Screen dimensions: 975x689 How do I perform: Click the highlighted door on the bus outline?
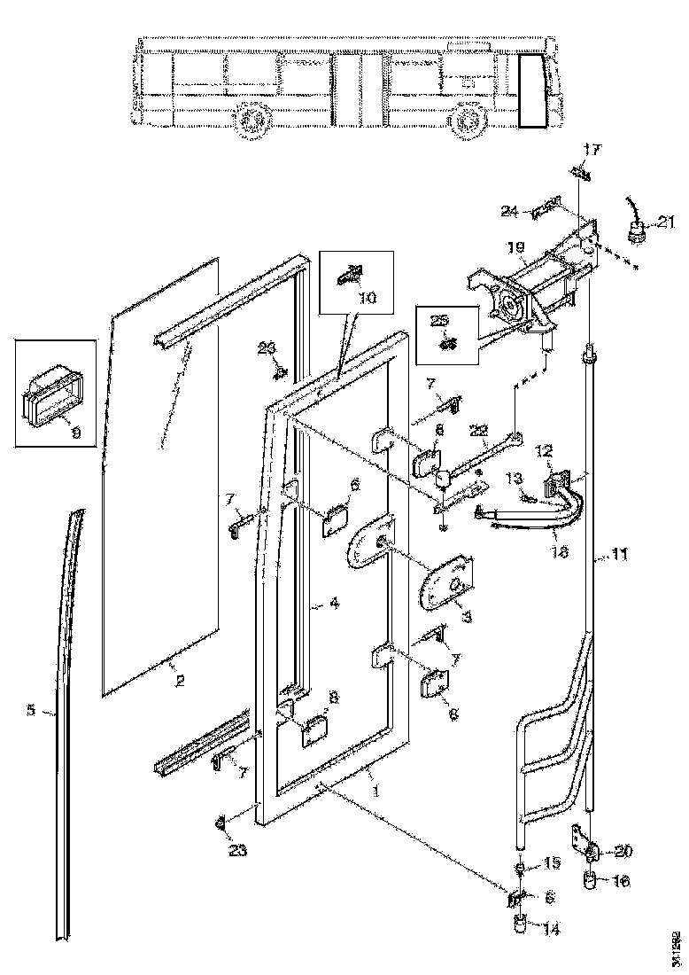click(535, 90)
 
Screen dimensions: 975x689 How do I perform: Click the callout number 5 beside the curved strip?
click(31, 710)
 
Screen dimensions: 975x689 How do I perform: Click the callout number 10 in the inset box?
click(367, 299)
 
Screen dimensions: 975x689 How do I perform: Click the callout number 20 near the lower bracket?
click(623, 853)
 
